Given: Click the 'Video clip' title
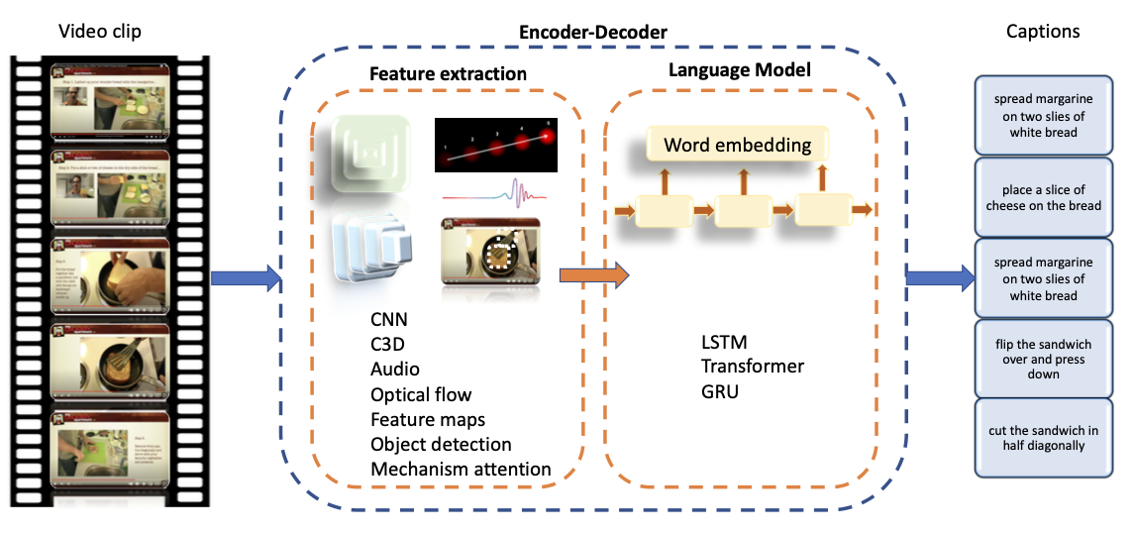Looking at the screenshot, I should coord(99,31).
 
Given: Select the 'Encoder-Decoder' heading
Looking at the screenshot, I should coord(592,33).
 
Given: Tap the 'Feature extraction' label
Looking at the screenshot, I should coord(448,74).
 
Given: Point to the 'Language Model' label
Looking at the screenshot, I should coord(739,70).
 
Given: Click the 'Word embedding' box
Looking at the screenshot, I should coord(737,146).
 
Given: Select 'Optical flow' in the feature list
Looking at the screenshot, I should coord(421,395).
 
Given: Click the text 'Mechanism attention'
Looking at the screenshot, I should coord(461,469).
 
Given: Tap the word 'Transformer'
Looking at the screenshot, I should coord(752,367).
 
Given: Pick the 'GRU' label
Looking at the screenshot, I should coord(720,391).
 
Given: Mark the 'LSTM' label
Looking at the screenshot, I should coord(723,342).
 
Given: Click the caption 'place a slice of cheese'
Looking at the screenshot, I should coord(1043,197).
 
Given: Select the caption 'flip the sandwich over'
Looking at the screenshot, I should coord(1043,359).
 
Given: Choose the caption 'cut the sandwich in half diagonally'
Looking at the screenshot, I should coord(1043,438).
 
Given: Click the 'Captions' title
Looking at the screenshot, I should coord(1043,31).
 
